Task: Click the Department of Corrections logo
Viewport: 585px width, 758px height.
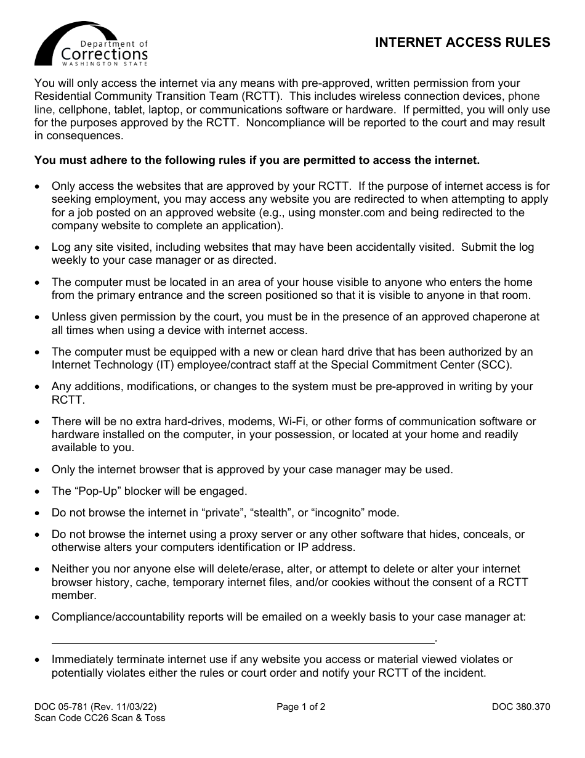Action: tap(91, 44)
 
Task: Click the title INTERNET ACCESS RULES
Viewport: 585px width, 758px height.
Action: tap(462, 43)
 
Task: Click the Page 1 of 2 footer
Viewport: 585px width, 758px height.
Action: tap(301, 707)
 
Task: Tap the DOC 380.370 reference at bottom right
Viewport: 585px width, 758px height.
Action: tap(521, 707)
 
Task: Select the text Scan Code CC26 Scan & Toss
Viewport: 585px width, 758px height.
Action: tap(100, 718)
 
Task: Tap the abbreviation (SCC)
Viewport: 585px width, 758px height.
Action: tap(499, 365)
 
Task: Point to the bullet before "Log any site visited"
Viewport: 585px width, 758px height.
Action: tap(39, 248)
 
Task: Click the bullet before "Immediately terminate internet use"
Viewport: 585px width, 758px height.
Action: tap(39, 660)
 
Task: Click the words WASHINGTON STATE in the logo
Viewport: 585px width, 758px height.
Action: tap(105, 63)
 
